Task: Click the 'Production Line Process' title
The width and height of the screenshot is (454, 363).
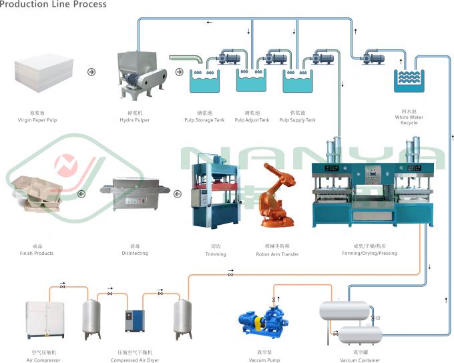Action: [x=53, y=5]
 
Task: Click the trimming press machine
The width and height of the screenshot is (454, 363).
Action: [x=214, y=187]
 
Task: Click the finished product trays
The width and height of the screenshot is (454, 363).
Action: [x=37, y=194]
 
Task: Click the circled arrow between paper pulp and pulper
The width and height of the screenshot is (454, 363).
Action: [x=91, y=71]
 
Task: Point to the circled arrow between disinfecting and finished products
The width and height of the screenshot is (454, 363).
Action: [x=81, y=194]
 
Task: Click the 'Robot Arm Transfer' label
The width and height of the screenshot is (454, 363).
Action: [x=278, y=254]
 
